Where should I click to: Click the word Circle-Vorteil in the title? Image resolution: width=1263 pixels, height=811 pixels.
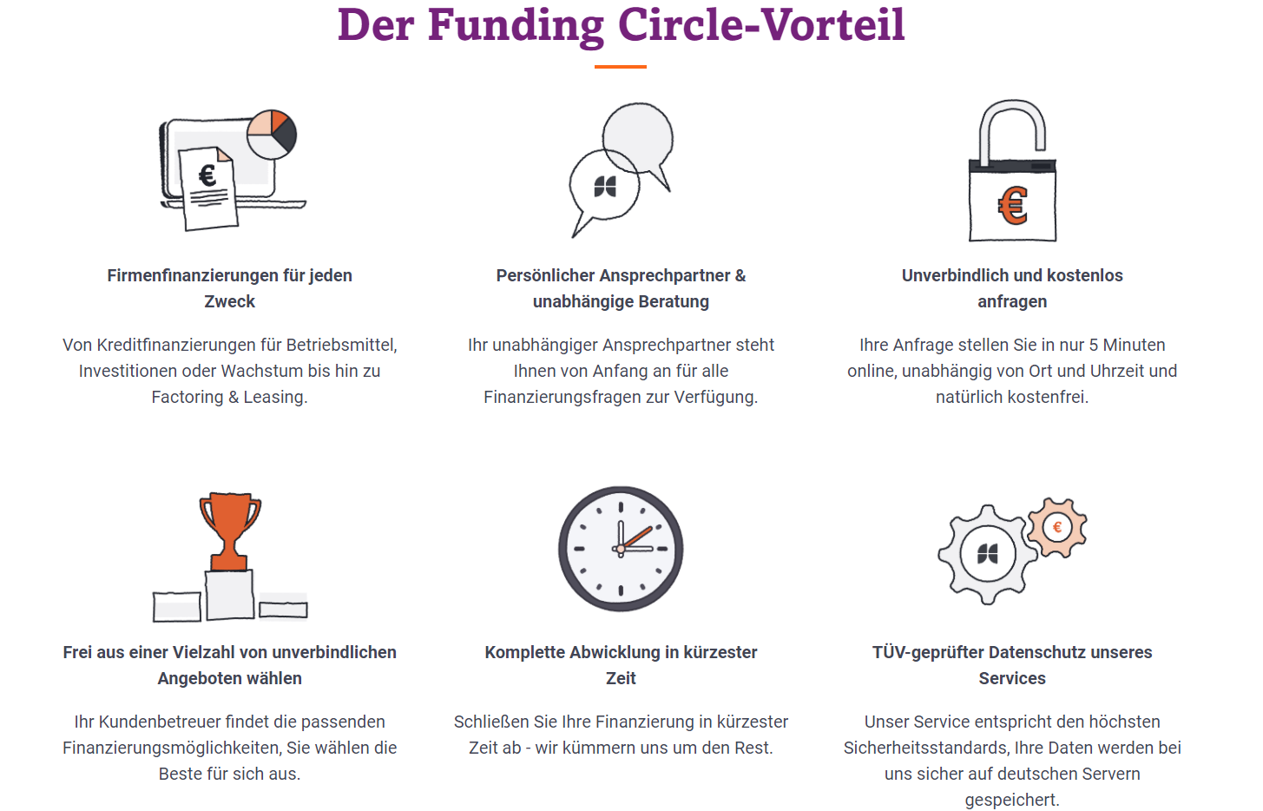click(x=761, y=24)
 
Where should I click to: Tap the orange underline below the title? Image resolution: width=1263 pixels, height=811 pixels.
click(x=620, y=66)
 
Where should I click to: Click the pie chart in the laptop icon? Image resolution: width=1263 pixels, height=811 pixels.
click(x=272, y=135)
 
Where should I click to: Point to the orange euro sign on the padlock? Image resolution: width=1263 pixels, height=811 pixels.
click(x=1013, y=206)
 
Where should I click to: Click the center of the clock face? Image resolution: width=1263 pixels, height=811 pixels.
click(x=621, y=549)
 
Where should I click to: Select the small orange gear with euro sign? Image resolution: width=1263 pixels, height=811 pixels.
click(x=1057, y=527)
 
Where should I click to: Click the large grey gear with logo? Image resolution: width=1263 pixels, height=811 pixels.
click(x=988, y=554)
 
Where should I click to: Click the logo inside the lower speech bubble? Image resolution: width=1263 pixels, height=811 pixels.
click(x=605, y=186)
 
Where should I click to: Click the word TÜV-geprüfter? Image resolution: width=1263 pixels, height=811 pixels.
click(x=928, y=652)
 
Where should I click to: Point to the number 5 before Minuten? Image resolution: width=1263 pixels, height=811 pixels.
click(x=1095, y=345)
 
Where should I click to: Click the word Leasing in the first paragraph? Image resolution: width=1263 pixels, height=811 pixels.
click(x=275, y=397)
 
